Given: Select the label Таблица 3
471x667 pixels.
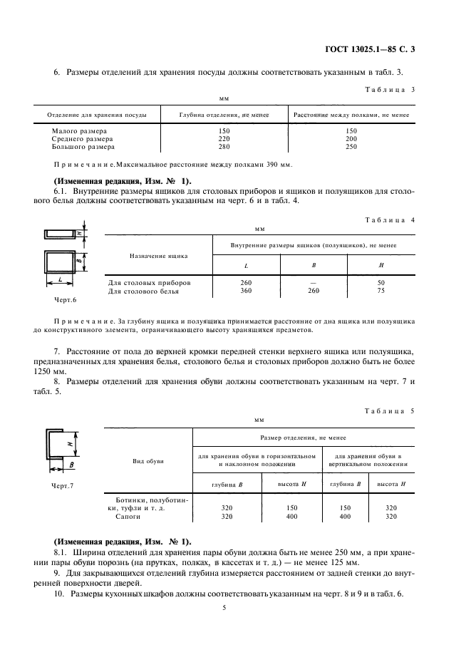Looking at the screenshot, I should pyautogui.click(x=390, y=90).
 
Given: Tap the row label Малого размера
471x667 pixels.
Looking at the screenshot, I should pyautogui.click(x=79, y=131).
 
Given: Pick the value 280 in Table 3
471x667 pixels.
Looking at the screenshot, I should pyautogui.click(x=225, y=147).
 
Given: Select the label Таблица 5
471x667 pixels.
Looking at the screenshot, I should pyautogui.click(x=390, y=411).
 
